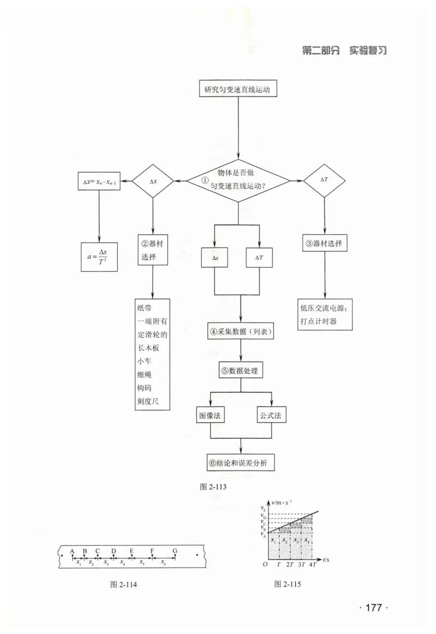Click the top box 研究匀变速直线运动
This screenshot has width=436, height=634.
(x=238, y=89)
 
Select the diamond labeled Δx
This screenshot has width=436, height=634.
(x=153, y=181)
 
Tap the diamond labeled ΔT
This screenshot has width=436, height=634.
(x=324, y=180)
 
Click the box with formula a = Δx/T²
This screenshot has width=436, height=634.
(x=99, y=257)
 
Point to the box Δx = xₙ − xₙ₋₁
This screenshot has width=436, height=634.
(x=99, y=181)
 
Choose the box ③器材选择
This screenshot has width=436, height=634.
(x=324, y=243)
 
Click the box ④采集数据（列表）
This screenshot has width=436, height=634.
(x=241, y=332)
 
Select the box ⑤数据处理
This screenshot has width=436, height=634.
(x=241, y=370)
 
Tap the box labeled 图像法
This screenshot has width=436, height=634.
(x=209, y=415)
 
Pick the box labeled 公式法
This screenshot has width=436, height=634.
(x=271, y=415)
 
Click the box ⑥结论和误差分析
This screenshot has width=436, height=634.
(x=240, y=462)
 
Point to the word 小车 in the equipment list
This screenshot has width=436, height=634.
(x=144, y=361)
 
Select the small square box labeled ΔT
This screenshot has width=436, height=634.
(x=259, y=258)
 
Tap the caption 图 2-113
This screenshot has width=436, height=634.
(x=213, y=487)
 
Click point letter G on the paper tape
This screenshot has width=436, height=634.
(x=175, y=551)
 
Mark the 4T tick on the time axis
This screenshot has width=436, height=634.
(x=313, y=564)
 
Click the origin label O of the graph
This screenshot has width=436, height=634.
(x=265, y=564)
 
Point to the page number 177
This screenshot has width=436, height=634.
(x=374, y=607)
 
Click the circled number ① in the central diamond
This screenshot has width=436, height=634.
(x=205, y=180)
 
